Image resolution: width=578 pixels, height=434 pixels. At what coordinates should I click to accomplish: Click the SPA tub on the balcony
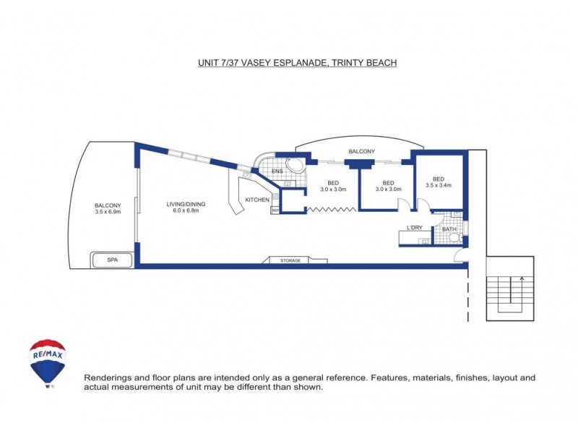pyautogui.click(x=112, y=259)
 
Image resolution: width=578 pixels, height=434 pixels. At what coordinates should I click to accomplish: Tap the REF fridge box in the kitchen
pyautogui.click(x=275, y=210)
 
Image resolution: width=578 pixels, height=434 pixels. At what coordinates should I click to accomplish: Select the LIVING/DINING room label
pyautogui.click(x=186, y=204)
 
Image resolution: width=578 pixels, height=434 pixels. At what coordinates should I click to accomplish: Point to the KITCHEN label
pyautogui.click(x=257, y=200)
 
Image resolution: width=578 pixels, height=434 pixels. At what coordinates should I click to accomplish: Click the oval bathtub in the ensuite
pyautogui.click(x=296, y=166)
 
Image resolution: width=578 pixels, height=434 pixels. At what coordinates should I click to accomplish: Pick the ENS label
pyautogui.click(x=276, y=171)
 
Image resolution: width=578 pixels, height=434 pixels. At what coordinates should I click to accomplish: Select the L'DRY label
pyautogui.click(x=414, y=228)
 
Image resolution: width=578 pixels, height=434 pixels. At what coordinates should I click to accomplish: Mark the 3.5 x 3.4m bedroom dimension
pyautogui.click(x=438, y=185)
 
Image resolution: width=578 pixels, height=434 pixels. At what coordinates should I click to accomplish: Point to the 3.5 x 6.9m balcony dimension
pyautogui.click(x=107, y=212)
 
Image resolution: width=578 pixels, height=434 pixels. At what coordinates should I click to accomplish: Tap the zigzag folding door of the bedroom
pyautogui.click(x=332, y=210)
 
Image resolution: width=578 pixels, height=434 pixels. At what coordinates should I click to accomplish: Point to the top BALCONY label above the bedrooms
pyautogui.click(x=361, y=151)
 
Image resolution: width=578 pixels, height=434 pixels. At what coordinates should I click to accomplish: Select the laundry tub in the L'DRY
pyautogui.click(x=425, y=239)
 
